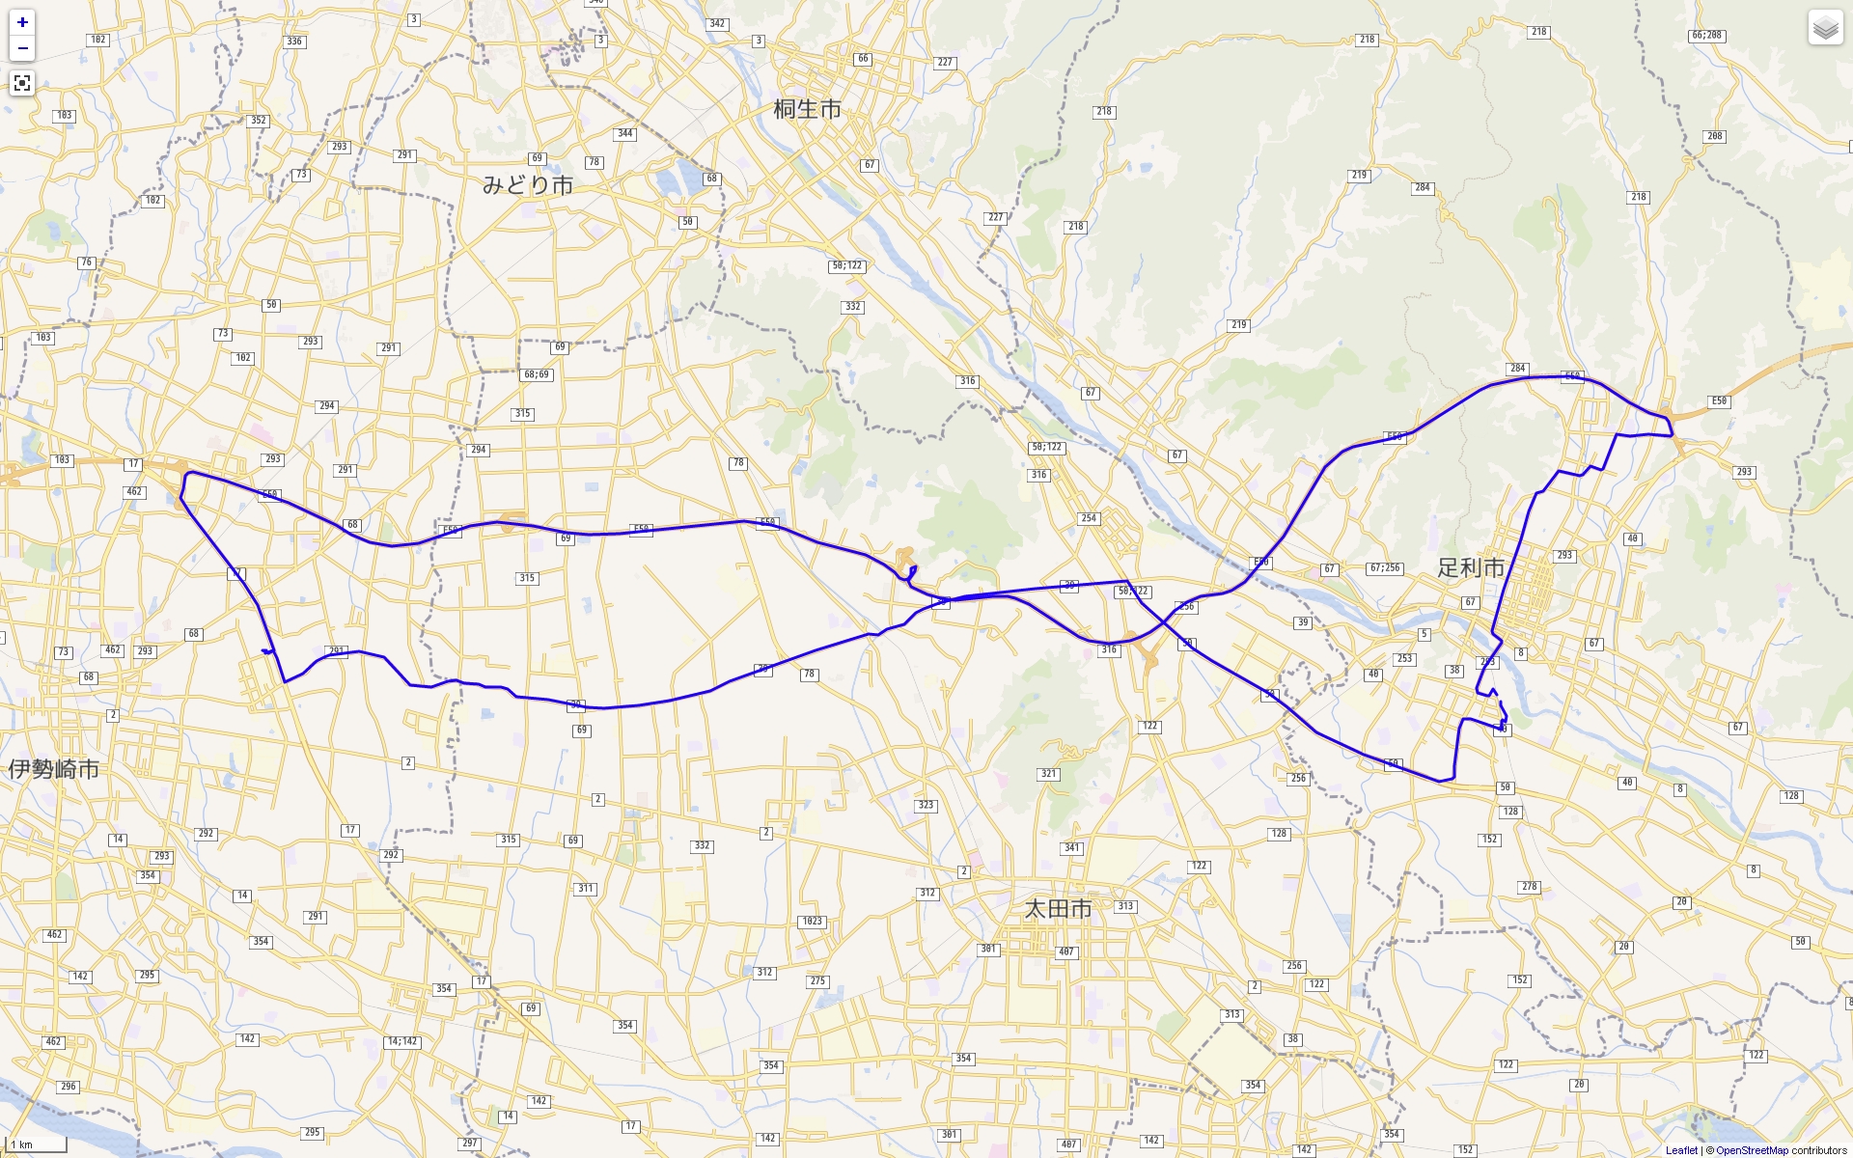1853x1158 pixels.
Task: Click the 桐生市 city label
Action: tap(807, 109)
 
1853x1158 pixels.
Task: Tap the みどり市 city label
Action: tap(528, 184)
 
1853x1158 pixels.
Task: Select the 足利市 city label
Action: tap(1471, 567)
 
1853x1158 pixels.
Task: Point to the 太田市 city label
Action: tap(1058, 909)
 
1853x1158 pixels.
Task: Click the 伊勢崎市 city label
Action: tap(54, 769)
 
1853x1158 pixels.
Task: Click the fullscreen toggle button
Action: tap(22, 84)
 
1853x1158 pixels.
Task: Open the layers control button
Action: tap(1825, 28)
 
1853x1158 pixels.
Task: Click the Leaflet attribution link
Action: tap(1681, 1150)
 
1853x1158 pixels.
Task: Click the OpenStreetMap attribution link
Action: tap(1752, 1150)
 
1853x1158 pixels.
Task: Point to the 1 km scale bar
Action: tap(37, 1144)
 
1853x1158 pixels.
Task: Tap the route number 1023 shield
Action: tap(813, 922)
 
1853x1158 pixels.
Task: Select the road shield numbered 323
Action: tap(926, 805)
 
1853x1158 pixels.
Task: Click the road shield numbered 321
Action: tap(1049, 774)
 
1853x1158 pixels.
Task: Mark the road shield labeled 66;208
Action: tap(1706, 36)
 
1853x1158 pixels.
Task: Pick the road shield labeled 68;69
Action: tap(537, 374)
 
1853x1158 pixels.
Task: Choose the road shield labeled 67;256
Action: tap(1385, 568)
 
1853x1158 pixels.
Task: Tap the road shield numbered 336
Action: tap(294, 41)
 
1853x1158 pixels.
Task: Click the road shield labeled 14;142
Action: tap(402, 1042)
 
